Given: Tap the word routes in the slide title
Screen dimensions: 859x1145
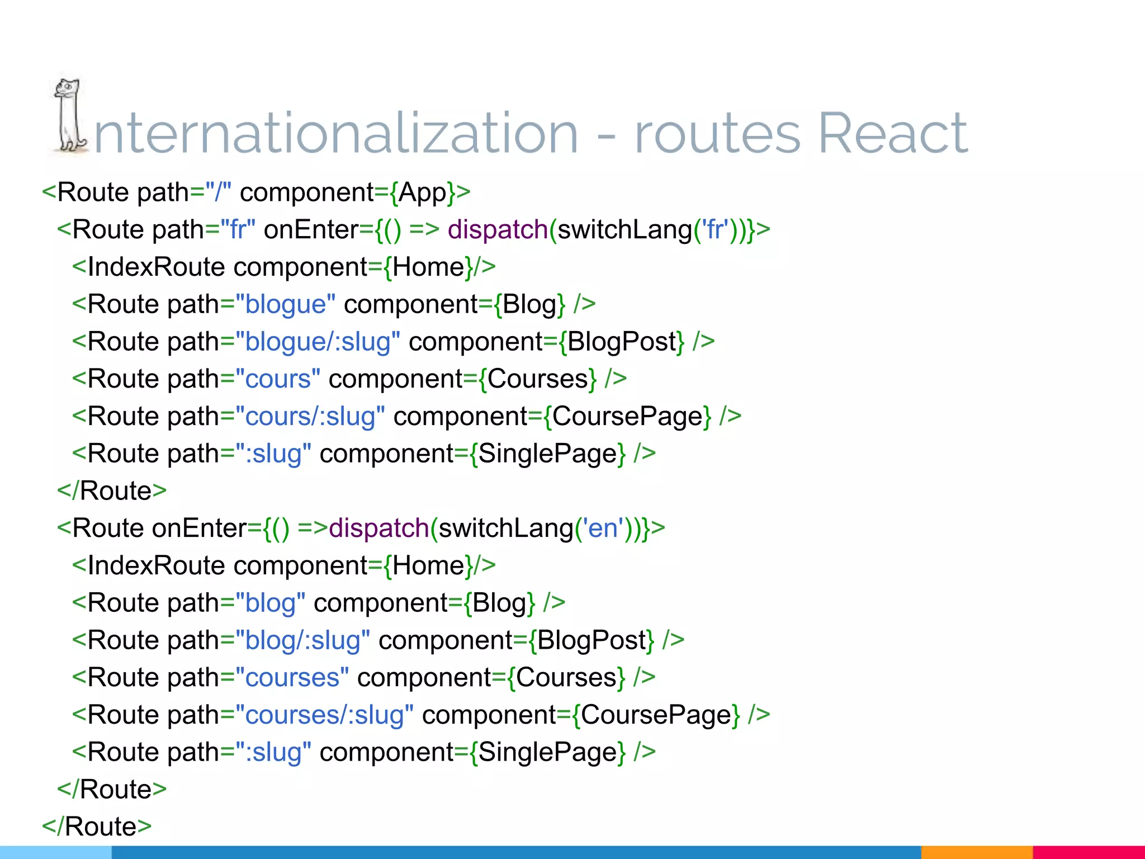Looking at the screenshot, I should [718, 134].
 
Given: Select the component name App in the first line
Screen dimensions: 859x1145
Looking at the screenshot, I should [423, 192].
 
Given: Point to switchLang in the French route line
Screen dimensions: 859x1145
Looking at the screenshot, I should [624, 230].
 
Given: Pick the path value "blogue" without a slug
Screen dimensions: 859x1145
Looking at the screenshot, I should [285, 305].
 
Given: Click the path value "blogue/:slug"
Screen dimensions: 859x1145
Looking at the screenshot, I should [318, 342].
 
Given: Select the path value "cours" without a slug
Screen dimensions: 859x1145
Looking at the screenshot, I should [278, 379].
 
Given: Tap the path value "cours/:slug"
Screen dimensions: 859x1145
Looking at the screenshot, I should [310, 417].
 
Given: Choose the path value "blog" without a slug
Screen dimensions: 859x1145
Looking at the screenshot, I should [270, 603].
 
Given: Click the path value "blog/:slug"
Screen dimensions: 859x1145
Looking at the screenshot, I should [302, 640].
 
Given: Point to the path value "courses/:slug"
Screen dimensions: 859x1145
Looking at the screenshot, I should [324, 715].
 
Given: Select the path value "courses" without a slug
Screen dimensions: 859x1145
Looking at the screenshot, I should [292, 678].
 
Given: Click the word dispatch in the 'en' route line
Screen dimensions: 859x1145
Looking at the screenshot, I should [378, 528].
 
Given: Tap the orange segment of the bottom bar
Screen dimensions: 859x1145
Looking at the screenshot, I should [976, 852].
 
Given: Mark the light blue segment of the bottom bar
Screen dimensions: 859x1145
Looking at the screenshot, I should [56, 852].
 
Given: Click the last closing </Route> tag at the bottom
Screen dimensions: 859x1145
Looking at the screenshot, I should [97, 827].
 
